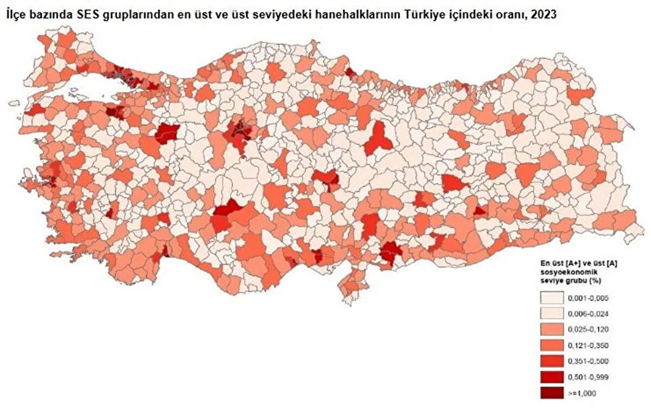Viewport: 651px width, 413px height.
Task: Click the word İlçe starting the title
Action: pyautogui.click(x=16, y=15)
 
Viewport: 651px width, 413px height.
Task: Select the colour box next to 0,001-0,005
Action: pyautogui.click(x=551, y=298)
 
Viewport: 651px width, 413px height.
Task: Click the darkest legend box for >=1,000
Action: pyautogui.click(x=551, y=392)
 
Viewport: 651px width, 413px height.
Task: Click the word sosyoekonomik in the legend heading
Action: pyautogui.click(x=562, y=271)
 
